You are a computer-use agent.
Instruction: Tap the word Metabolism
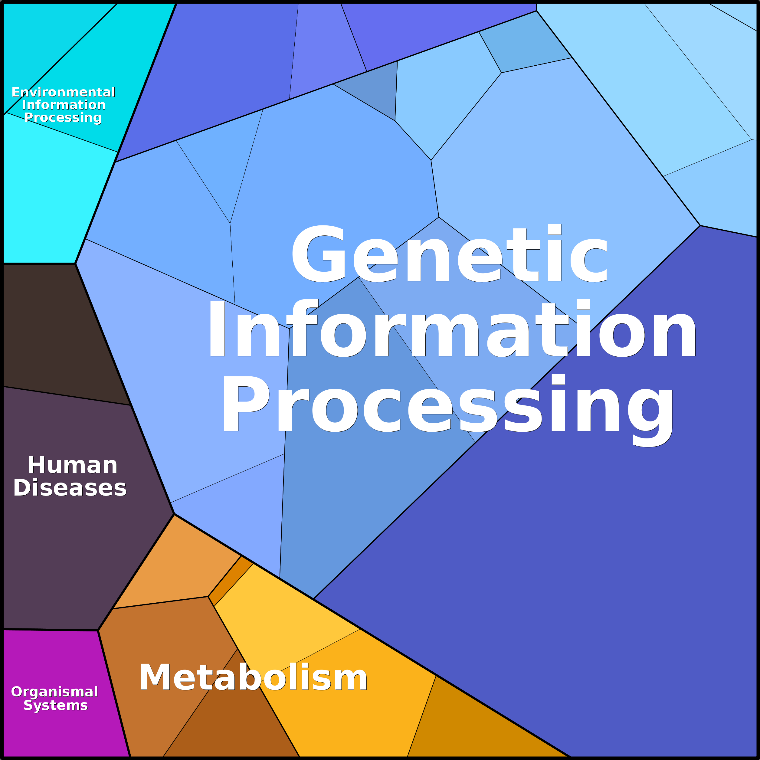(x=253, y=677)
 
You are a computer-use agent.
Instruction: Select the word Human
(x=73, y=465)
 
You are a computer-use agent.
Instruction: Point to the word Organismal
(x=54, y=692)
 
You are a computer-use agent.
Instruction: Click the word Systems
(x=55, y=705)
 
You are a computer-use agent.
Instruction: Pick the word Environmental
(x=63, y=92)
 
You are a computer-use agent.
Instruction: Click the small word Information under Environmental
(x=64, y=105)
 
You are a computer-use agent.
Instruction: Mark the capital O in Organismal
(x=17, y=692)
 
